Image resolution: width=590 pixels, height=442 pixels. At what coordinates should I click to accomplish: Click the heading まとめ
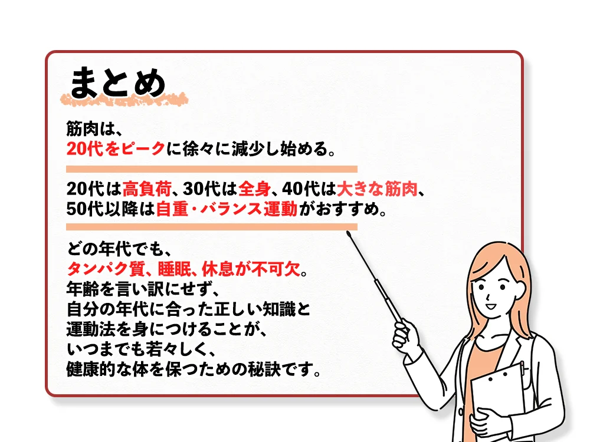(x=118, y=83)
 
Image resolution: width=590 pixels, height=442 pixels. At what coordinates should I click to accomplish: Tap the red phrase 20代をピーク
(x=115, y=149)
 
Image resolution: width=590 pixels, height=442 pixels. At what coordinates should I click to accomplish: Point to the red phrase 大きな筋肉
(x=377, y=189)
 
